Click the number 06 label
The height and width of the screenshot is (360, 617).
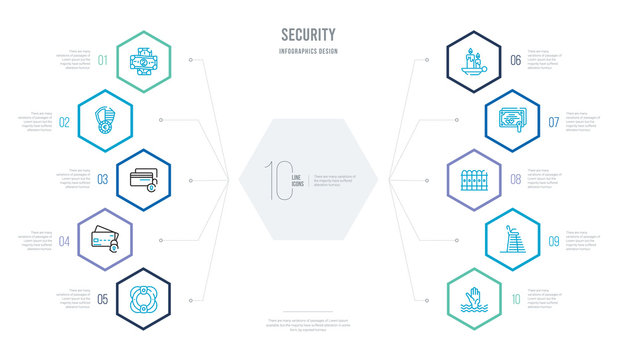pos(515,60)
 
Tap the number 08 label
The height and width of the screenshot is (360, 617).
pos(515,181)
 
